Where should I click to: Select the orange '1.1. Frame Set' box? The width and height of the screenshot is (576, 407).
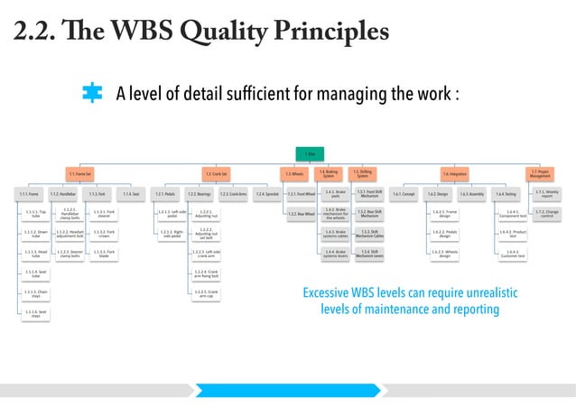(82, 172)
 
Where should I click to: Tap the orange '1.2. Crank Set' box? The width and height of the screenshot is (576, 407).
(216, 172)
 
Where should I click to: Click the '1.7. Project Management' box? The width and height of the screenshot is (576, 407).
(541, 172)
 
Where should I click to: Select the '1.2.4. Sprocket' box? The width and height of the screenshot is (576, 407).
(265, 194)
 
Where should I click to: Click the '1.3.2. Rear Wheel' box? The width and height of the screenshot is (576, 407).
(302, 214)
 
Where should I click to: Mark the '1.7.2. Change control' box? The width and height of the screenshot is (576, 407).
(547, 214)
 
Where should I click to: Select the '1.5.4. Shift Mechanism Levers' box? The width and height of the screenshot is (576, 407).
(369, 254)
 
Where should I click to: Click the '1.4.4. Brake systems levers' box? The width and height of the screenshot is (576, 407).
(335, 254)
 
